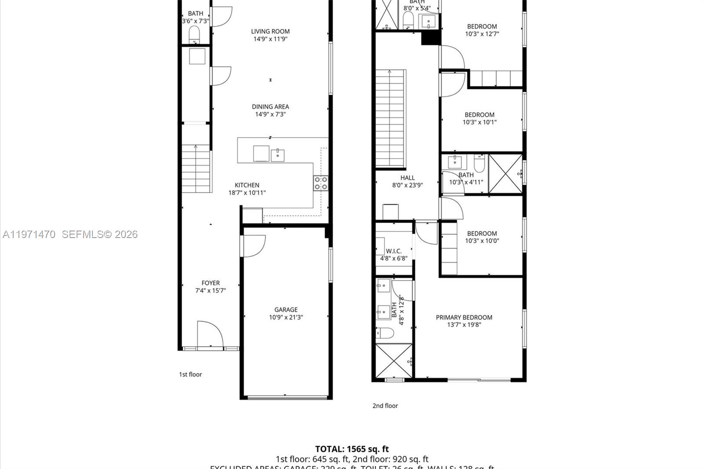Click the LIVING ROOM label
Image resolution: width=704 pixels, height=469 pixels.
pyautogui.click(x=270, y=31)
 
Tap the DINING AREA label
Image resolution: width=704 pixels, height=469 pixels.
pyautogui.click(x=270, y=106)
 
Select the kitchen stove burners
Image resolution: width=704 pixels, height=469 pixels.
pyautogui.click(x=321, y=183)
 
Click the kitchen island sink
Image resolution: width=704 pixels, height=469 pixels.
pyautogui.click(x=277, y=155)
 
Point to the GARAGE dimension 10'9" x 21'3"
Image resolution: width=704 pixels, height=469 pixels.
pyautogui.click(x=286, y=317)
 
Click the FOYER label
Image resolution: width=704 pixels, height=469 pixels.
pyautogui.click(x=210, y=283)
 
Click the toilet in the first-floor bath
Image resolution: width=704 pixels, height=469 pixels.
pyautogui.click(x=194, y=34)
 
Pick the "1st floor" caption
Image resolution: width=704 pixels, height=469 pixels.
pyautogui.click(x=190, y=374)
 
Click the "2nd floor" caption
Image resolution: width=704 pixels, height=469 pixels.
pyautogui.click(x=385, y=406)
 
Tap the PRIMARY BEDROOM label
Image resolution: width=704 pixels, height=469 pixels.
pyautogui.click(x=464, y=317)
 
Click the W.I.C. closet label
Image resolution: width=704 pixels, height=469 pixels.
pyautogui.click(x=393, y=251)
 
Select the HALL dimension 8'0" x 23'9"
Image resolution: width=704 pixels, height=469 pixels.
pyautogui.click(x=407, y=185)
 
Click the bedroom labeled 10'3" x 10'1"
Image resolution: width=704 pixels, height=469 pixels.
pyautogui.click(x=480, y=118)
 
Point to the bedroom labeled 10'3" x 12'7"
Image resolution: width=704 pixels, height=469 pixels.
pyautogui.click(x=482, y=30)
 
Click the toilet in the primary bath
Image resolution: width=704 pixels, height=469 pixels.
pyautogui.click(x=385, y=333)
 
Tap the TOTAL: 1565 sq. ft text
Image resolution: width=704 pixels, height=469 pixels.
pyautogui.click(x=352, y=449)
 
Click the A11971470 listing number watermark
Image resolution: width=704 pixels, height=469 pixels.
pyautogui.click(x=29, y=234)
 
